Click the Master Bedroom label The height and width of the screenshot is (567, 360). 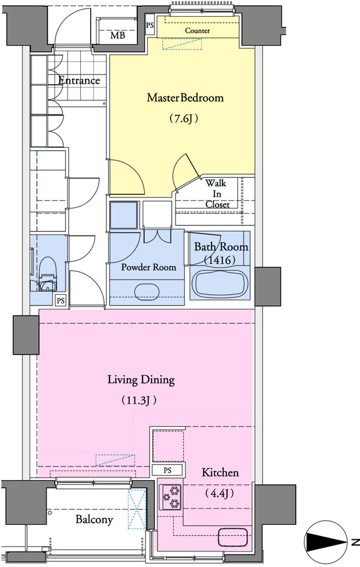[185, 97]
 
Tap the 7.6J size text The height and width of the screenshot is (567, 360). [184, 118]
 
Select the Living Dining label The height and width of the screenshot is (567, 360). [141, 380]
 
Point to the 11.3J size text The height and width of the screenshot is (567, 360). [139, 400]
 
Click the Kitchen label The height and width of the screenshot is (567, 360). [220, 472]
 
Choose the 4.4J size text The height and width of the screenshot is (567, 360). [220, 493]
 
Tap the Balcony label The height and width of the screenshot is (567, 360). [94, 519]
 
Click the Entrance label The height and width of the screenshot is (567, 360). [79, 80]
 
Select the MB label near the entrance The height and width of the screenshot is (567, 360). [117, 35]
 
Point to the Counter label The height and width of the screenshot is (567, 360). [198, 31]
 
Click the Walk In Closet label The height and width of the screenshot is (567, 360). [217, 193]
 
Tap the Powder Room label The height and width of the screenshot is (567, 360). [148, 267]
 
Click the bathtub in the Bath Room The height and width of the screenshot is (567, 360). [220, 283]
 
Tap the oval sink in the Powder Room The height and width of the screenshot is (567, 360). [147, 290]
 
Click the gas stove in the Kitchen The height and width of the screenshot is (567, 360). [171, 497]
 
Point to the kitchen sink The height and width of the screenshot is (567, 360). [233, 537]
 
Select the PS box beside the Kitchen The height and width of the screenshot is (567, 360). [167, 470]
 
